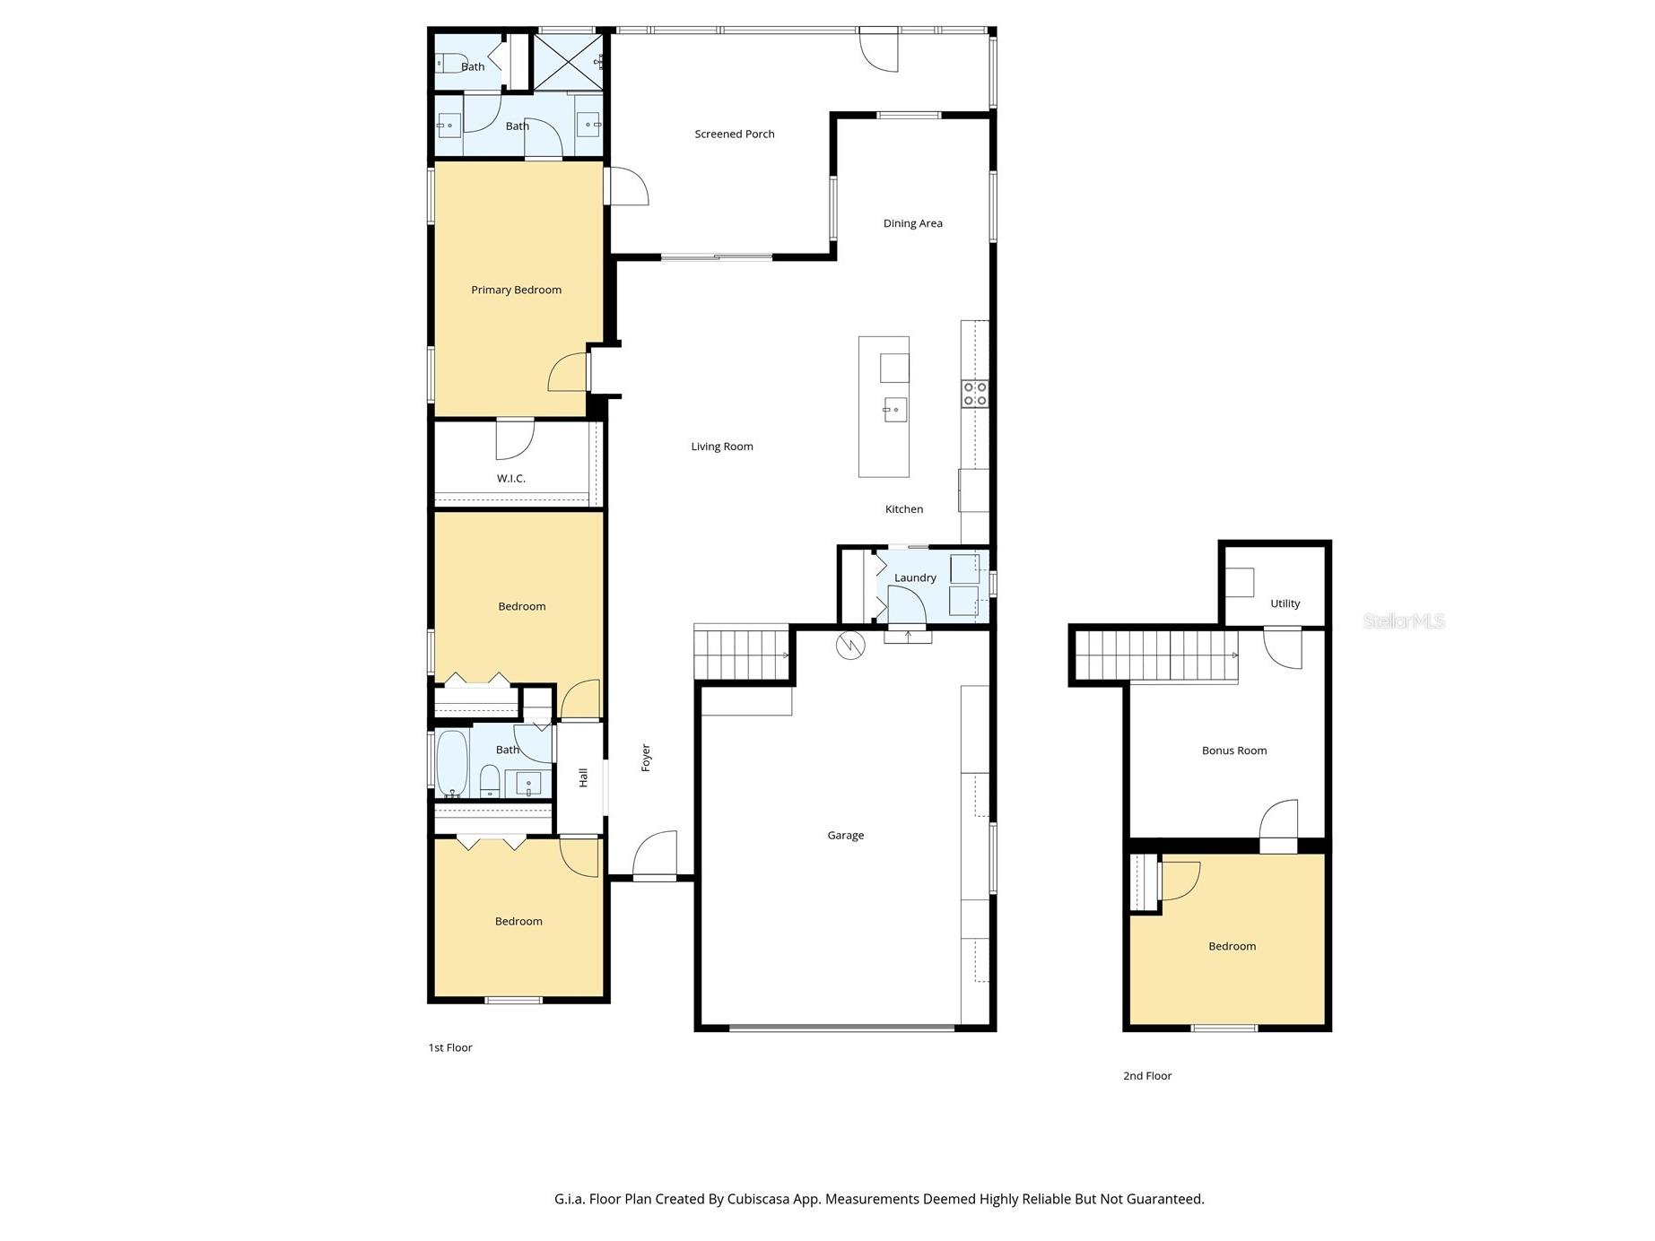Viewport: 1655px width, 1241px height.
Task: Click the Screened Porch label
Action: point(734,135)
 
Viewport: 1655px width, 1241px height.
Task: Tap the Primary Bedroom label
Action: point(516,290)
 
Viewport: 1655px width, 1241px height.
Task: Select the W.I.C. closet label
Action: point(511,479)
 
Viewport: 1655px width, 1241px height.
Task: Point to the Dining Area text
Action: point(912,224)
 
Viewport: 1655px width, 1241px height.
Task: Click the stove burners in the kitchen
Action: point(975,394)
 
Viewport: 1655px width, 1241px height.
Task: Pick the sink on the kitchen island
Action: point(894,410)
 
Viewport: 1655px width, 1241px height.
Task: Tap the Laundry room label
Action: point(915,578)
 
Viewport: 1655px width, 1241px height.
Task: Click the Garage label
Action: point(845,836)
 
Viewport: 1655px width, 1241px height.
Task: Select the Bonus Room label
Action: point(1233,751)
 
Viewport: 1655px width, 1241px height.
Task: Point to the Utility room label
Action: point(1285,603)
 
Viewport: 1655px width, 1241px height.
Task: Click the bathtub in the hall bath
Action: point(452,764)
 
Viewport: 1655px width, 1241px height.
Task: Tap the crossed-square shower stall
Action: point(570,62)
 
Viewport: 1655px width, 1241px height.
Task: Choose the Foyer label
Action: point(646,758)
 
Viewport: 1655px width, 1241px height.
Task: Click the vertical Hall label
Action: point(583,777)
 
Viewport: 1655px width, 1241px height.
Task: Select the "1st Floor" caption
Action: point(449,1047)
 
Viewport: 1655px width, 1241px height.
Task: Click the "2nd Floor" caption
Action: point(1147,1076)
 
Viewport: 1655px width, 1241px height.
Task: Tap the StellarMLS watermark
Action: point(1404,620)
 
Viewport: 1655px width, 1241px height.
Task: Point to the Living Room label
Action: point(721,447)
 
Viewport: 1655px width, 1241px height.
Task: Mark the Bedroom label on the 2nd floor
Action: point(1232,946)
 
